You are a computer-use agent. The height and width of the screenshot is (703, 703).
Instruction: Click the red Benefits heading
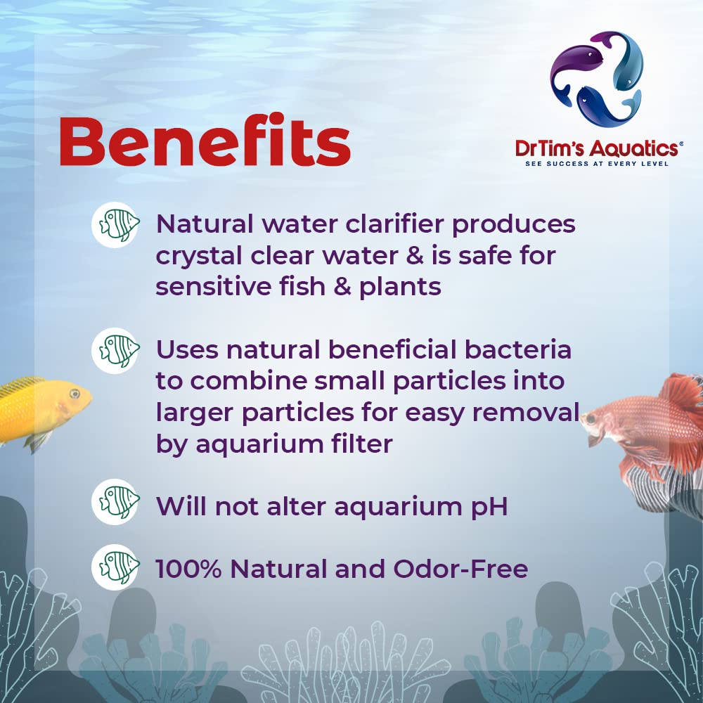pos(205,142)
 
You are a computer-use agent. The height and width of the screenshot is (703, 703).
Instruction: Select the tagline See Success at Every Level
pos(598,164)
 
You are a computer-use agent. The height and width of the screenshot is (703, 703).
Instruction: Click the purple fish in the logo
pos(573,67)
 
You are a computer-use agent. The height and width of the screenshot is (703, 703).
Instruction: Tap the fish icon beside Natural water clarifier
pos(115,224)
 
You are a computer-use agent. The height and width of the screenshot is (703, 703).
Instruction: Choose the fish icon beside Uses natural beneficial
pos(115,349)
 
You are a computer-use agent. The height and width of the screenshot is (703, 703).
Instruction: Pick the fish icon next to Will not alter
pos(115,503)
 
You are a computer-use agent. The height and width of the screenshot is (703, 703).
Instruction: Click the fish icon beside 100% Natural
pos(115,567)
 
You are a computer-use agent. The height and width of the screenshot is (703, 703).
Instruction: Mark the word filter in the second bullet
pos(359,444)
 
